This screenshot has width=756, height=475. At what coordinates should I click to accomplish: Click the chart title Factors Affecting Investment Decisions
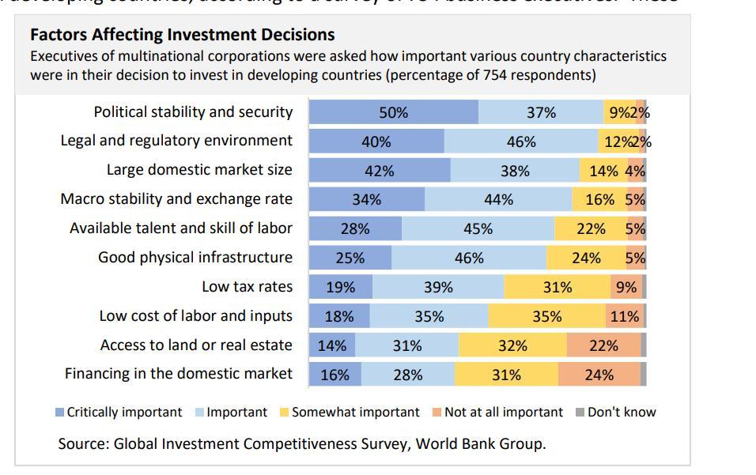coord(182,35)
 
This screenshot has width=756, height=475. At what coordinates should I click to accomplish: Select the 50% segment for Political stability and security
coord(393,112)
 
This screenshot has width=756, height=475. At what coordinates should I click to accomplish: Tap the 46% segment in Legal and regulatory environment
coord(521,141)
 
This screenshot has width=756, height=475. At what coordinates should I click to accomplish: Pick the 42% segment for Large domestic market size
coord(379,171)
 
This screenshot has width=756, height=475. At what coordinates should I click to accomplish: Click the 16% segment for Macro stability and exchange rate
coord(599,199)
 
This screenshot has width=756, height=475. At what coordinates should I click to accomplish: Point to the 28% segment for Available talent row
coord(355,228)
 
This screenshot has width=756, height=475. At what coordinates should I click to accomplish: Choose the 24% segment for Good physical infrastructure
coord(585,258)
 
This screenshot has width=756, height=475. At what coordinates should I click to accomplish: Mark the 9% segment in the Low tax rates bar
coord(626,287)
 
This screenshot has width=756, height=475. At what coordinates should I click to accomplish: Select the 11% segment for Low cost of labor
coord(624,316)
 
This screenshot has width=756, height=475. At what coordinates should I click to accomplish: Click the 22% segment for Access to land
coord(603,345)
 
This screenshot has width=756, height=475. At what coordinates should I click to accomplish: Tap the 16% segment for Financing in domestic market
coord(335,375)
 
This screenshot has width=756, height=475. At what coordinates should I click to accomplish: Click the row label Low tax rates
coord(247,287)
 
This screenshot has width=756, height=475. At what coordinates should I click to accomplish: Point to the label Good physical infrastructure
coord(195,258)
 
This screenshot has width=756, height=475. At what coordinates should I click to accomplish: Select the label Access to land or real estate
coord(196,345)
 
